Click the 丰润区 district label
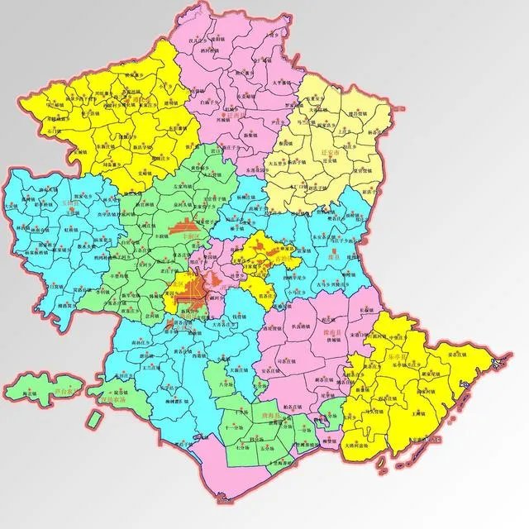[192, 236]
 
